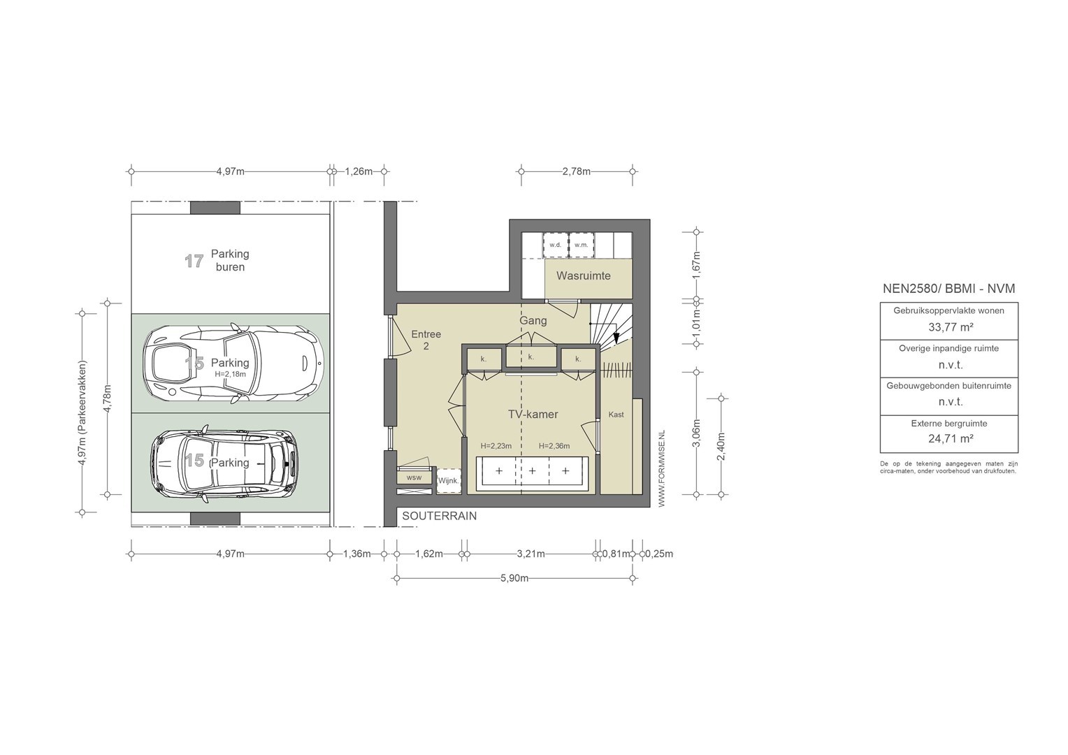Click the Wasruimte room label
[583, 275]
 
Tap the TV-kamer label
[533, 414]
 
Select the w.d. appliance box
[556, 245]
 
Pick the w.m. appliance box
[582, 245]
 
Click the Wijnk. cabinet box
[448, 481]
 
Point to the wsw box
[414, 477]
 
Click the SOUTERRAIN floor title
[439, 516]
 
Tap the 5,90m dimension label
[514, 578]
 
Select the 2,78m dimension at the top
[576, 171]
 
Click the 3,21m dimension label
[531, 554]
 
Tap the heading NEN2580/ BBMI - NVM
[948, 289]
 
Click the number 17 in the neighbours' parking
[194, 261]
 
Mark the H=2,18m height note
[230, 375]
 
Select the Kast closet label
[616, 415]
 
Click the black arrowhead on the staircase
[616, 338]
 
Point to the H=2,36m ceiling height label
[554, 446]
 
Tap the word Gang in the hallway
[533, 321]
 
